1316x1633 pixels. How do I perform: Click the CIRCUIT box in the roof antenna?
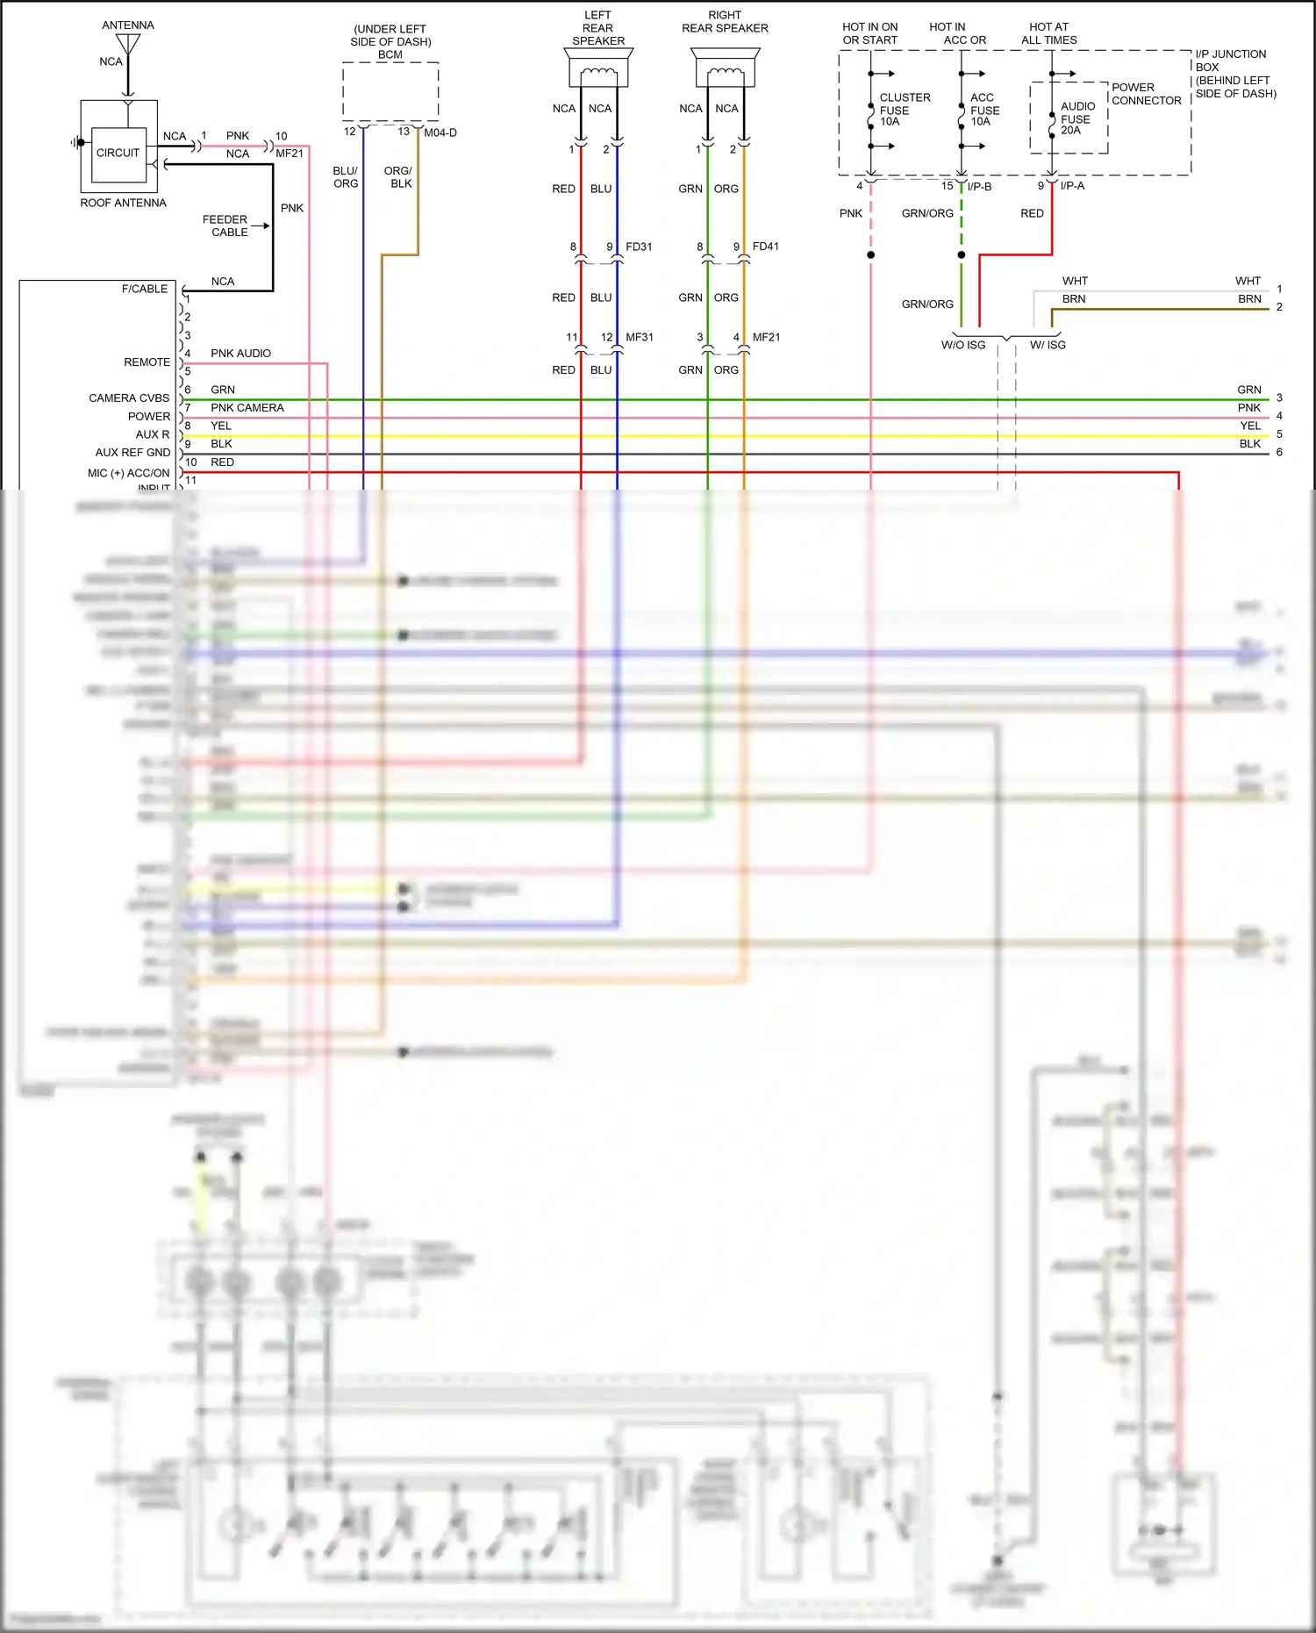point(118,153)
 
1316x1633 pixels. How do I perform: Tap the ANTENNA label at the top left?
point(127,25)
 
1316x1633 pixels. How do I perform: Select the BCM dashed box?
point(390,91)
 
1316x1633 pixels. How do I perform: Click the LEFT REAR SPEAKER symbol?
point(598,69)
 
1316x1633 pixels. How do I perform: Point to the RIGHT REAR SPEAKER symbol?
point(725,69)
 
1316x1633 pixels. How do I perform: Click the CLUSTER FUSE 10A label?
point(904,110)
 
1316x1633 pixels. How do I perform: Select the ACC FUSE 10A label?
point(984,110)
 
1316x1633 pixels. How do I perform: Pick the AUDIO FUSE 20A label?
point(1076,118)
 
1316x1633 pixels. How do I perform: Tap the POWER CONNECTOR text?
point(1146,94)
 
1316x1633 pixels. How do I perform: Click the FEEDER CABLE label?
point(225,226)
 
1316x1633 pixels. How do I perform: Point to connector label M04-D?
point(440,133)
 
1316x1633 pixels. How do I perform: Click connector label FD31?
point(639,247)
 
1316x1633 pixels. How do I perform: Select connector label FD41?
point(765,247)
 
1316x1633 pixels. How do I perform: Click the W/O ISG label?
point(962,345)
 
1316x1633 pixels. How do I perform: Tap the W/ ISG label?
point(1048,345)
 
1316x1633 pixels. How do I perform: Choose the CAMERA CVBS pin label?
point(129,398)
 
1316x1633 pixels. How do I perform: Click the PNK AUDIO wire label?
point(240,354)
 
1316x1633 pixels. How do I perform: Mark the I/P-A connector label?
point(1072,186)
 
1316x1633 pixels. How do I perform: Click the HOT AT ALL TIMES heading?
point(1048,33)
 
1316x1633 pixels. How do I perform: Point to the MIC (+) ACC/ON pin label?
point(128,473)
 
